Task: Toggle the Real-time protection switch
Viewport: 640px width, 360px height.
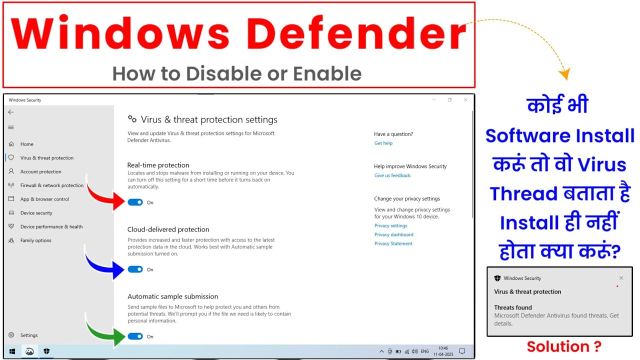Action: click(135, 202)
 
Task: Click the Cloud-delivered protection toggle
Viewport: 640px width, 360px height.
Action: click(135, 269)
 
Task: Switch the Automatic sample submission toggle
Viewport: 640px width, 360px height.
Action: click(135, 336)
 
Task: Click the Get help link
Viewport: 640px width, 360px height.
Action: click(383, 143)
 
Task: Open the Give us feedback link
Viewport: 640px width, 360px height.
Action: click(392, 175)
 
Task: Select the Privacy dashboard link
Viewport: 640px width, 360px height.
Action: click(393, 234)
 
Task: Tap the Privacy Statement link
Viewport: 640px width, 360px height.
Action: click(393, 243)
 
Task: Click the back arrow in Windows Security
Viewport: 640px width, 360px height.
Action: click(11, 112)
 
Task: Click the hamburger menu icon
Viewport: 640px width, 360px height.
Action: click(11, 127)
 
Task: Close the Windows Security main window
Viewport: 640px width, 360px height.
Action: click(465, 99)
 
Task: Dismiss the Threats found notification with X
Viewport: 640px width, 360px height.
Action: click(621, 278)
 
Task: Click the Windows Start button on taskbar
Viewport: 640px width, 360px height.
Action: click(12, 351)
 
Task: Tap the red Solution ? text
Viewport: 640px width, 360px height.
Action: click(564, 346)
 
